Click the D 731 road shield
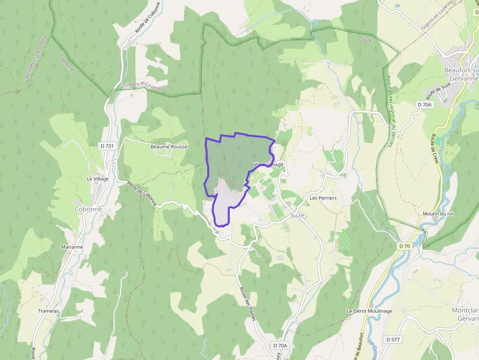[x=107, y=146]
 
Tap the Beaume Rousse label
[x=169, y=147]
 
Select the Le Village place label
[x=98, y=179]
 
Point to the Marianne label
[x=72, y=247]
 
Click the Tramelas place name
[x=48, y=311]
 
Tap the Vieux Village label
[x=269, y=165]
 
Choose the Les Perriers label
[x=323, y=198]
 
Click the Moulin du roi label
[x=438, y=214]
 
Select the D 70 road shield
[x=404, y=246]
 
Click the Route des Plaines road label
[x=248, y=303]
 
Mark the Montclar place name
[x=465, y=310]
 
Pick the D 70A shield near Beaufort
[x=424, y=105]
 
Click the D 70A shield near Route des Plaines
[x=280, y=345]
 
